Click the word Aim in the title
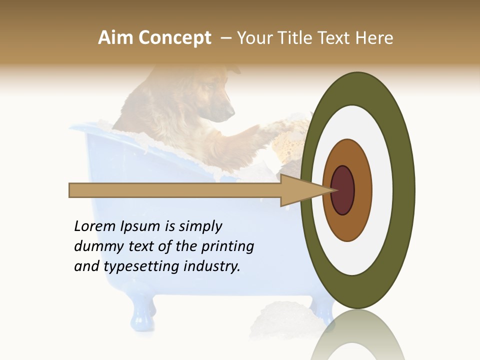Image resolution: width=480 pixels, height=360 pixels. [115, 38]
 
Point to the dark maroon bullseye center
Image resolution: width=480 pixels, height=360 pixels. [342, 190]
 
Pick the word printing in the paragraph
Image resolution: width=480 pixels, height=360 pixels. [227, 247]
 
